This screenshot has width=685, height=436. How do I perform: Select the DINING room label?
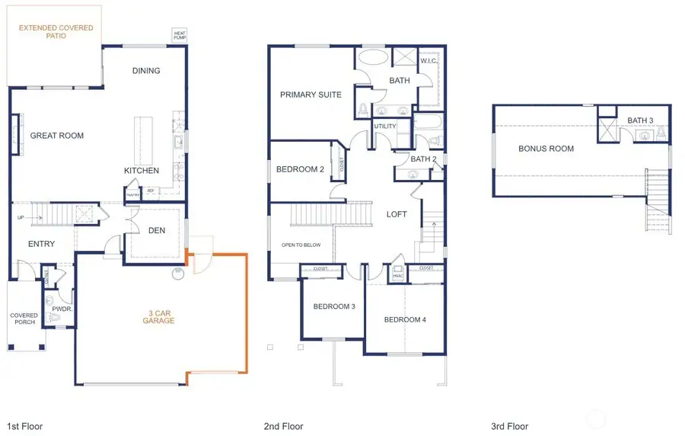tap(146, 71)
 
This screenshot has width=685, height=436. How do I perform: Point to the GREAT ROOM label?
tap(57, 136)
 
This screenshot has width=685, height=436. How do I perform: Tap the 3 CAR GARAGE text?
tap(159, 316)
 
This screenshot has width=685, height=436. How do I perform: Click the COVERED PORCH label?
tap(24, 319)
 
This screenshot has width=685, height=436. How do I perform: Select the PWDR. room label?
tap(62, 309)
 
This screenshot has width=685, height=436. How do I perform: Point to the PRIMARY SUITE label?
tap(311, 95)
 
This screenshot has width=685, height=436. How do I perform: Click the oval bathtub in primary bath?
tap(373, 57)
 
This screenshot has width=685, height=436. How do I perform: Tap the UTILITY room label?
tap(385, 127)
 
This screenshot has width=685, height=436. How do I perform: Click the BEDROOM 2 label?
tap(301, 169)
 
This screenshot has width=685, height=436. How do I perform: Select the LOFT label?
tap(397, 214)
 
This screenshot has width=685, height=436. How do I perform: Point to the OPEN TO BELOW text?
tap(301, 245)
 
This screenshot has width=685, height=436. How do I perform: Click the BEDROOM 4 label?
tap(405, 319)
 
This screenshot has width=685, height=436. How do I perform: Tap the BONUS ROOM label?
tap(546, 149)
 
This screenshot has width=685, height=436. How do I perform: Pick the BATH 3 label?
tap(640, 120)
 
